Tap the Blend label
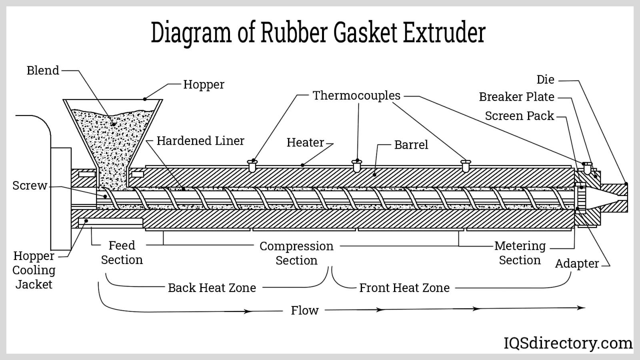tap(43, 70)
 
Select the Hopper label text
tap(204, 85)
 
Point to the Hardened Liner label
tap(200, 141)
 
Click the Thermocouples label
tap(356, 96)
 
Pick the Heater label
tap(305, 142)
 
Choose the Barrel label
tap(411, 145)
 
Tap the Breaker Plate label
tap(516, 97)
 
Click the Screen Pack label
tap(519, 116)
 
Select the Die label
tap(545, 80)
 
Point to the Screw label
tap(30, 186)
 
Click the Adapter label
tap(577, 264)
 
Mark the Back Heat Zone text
tap(212, 288)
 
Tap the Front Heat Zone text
tap(404, 288)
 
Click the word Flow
tap(304, 310)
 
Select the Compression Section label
tap(296, 253)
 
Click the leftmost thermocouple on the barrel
tap(252, 166)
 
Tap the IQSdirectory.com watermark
tap(568, 343)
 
